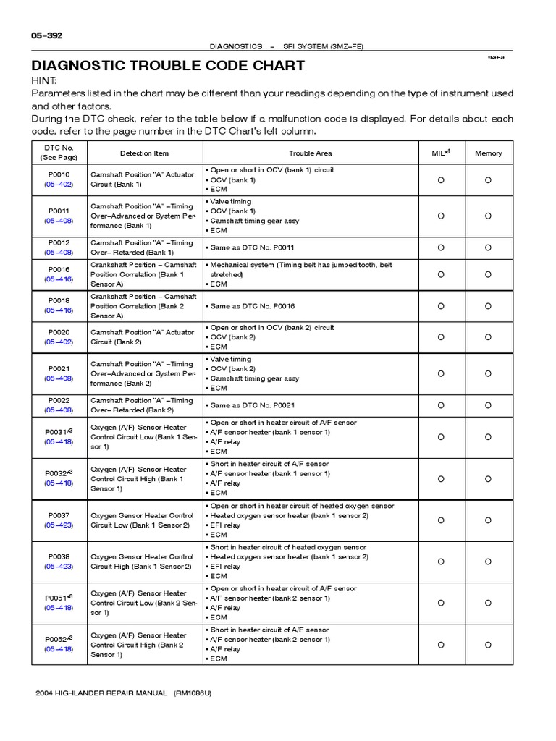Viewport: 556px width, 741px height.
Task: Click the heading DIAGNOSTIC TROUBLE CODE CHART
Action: [x=168, y=66]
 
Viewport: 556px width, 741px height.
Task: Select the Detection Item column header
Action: [x=144, y=153]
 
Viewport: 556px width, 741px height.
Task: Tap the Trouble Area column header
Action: [x=311, y=153]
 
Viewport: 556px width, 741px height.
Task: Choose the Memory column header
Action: [x=488, y=153]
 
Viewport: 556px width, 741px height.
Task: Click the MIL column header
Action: [x=441, y=153]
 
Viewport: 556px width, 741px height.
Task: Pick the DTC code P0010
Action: [x=59, y=174]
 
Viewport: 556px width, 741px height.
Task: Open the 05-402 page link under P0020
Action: [x=59, y=342]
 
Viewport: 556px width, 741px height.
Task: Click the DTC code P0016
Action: [x=59, y=269]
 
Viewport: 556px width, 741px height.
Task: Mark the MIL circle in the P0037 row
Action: [x=441, y=520]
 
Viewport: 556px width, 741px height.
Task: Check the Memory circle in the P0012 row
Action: [x=488, y=247]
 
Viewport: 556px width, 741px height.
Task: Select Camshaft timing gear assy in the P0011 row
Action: [x=254, y=221]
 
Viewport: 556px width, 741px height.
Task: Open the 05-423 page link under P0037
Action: [x=59, y=525]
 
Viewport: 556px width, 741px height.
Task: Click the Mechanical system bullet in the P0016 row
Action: [x=300, y=266]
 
